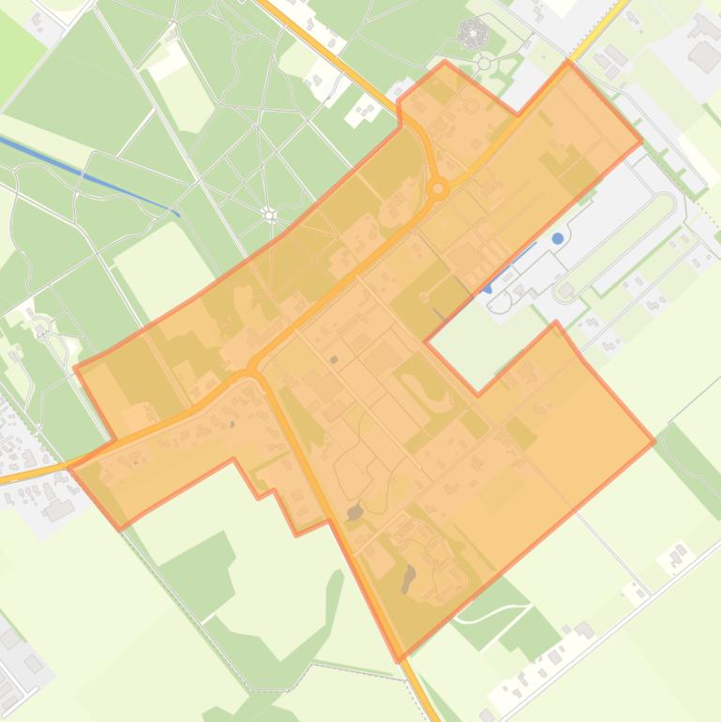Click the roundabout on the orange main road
(438, 188)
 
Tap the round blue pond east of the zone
(558, 238)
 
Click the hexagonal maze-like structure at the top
(473, 35)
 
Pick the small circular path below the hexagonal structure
(485, 64)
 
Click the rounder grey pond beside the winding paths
(354, 512)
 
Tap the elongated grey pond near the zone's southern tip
(408, 579)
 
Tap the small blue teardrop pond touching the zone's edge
(488, 289)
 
